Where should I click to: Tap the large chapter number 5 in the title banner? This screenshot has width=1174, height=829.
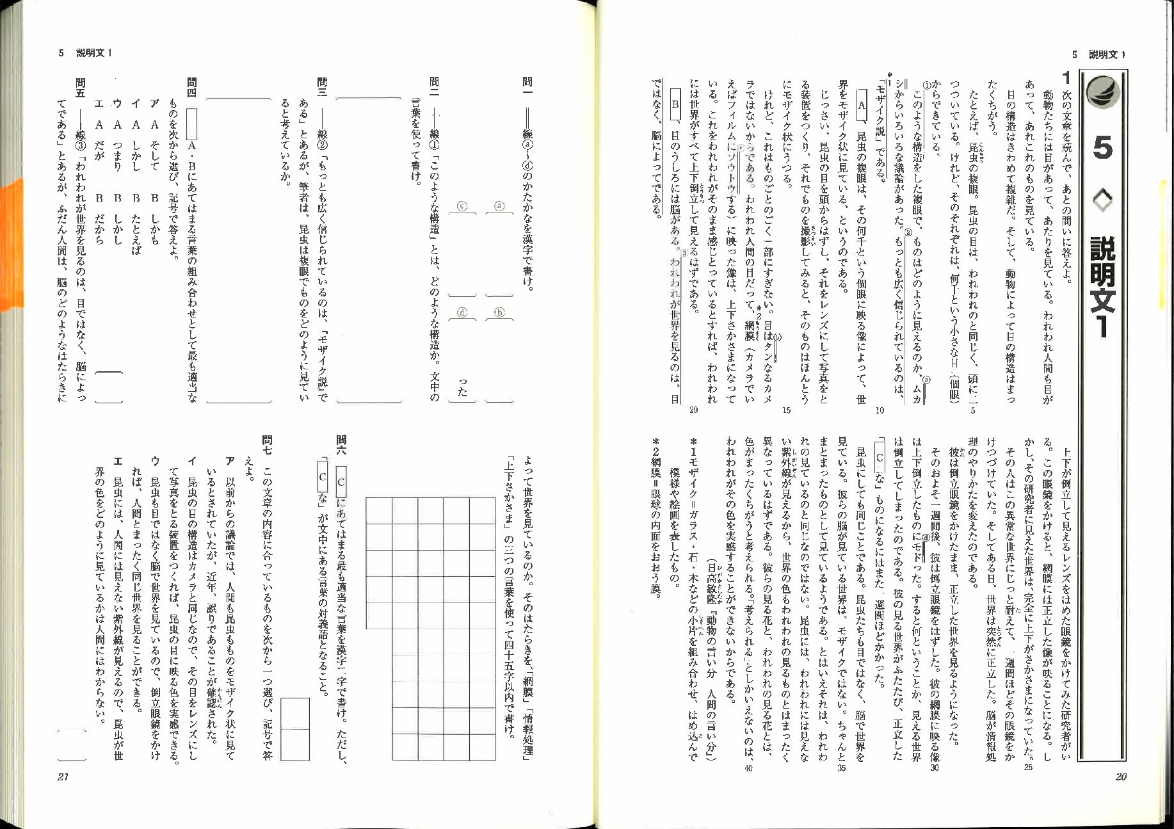click(x=1102, y=149)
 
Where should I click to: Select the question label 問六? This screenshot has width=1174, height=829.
click(x=341, y=440)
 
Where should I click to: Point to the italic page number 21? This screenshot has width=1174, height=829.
click(x=63, y=777)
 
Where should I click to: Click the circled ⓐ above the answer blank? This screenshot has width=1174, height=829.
click(x=499, y=206)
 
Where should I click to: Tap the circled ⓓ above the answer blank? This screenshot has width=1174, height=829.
click(x=462, y=312)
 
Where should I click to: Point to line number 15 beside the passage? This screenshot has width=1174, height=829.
click(x=786, y=410)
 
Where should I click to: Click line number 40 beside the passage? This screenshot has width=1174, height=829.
click(x=748, y=768)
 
